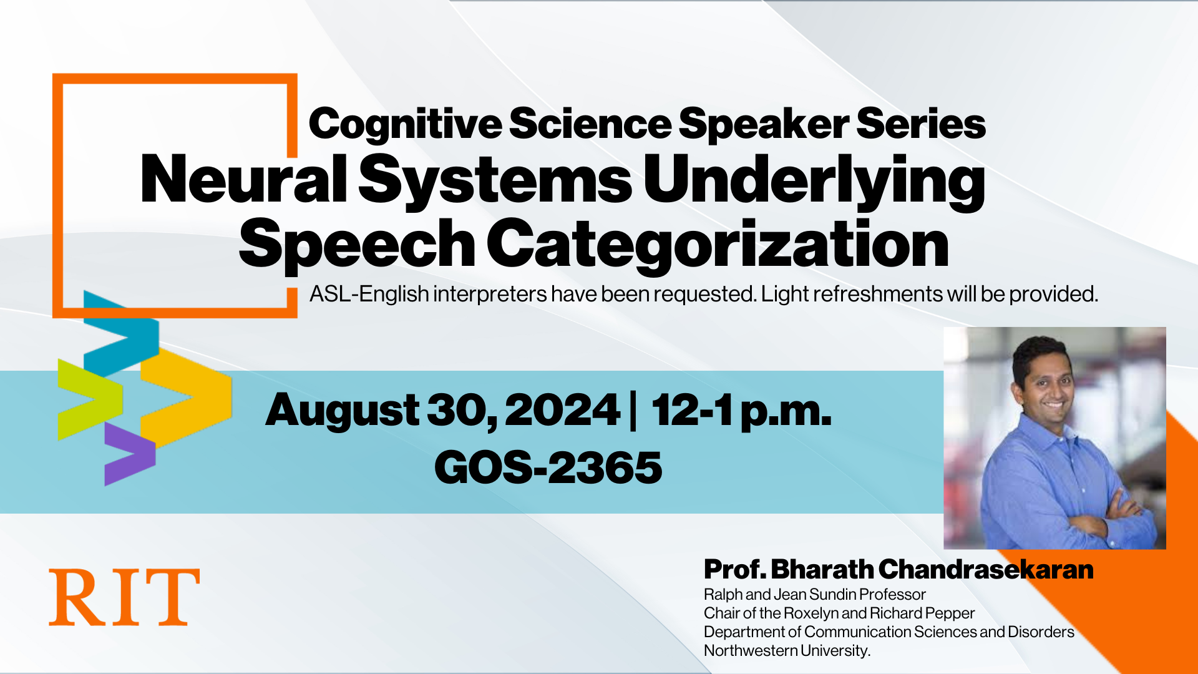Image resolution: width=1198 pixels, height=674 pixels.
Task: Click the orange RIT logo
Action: coord(124,597)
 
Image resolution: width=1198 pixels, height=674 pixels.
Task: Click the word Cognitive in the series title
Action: coord(404,124)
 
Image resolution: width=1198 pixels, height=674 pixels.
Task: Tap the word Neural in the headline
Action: coord(243,180)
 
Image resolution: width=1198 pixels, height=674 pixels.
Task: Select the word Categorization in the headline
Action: coord(718,245)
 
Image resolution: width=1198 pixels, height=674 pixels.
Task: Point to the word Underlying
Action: coord(814,181)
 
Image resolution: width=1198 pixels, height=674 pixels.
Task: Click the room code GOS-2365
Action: coord(548,467)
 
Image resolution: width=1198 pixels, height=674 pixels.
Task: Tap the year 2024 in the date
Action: coord(562,411)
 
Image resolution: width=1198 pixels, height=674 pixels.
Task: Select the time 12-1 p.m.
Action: coord(741,411)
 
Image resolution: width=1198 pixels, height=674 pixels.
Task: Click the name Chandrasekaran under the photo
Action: coord(986,570)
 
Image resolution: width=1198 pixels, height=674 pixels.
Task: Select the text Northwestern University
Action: coord(786,651)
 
